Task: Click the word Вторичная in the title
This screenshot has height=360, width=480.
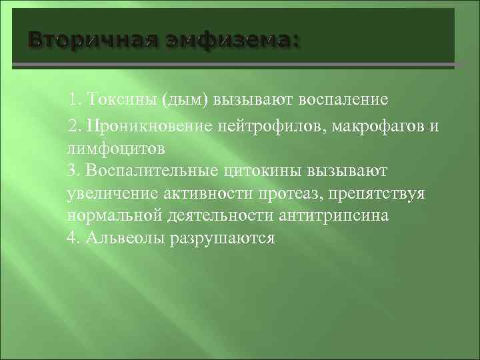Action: point(89,41)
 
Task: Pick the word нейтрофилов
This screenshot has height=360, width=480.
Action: point(281,125)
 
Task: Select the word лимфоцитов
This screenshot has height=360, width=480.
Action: point(115,147)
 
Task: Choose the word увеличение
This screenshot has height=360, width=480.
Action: point(113,193)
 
